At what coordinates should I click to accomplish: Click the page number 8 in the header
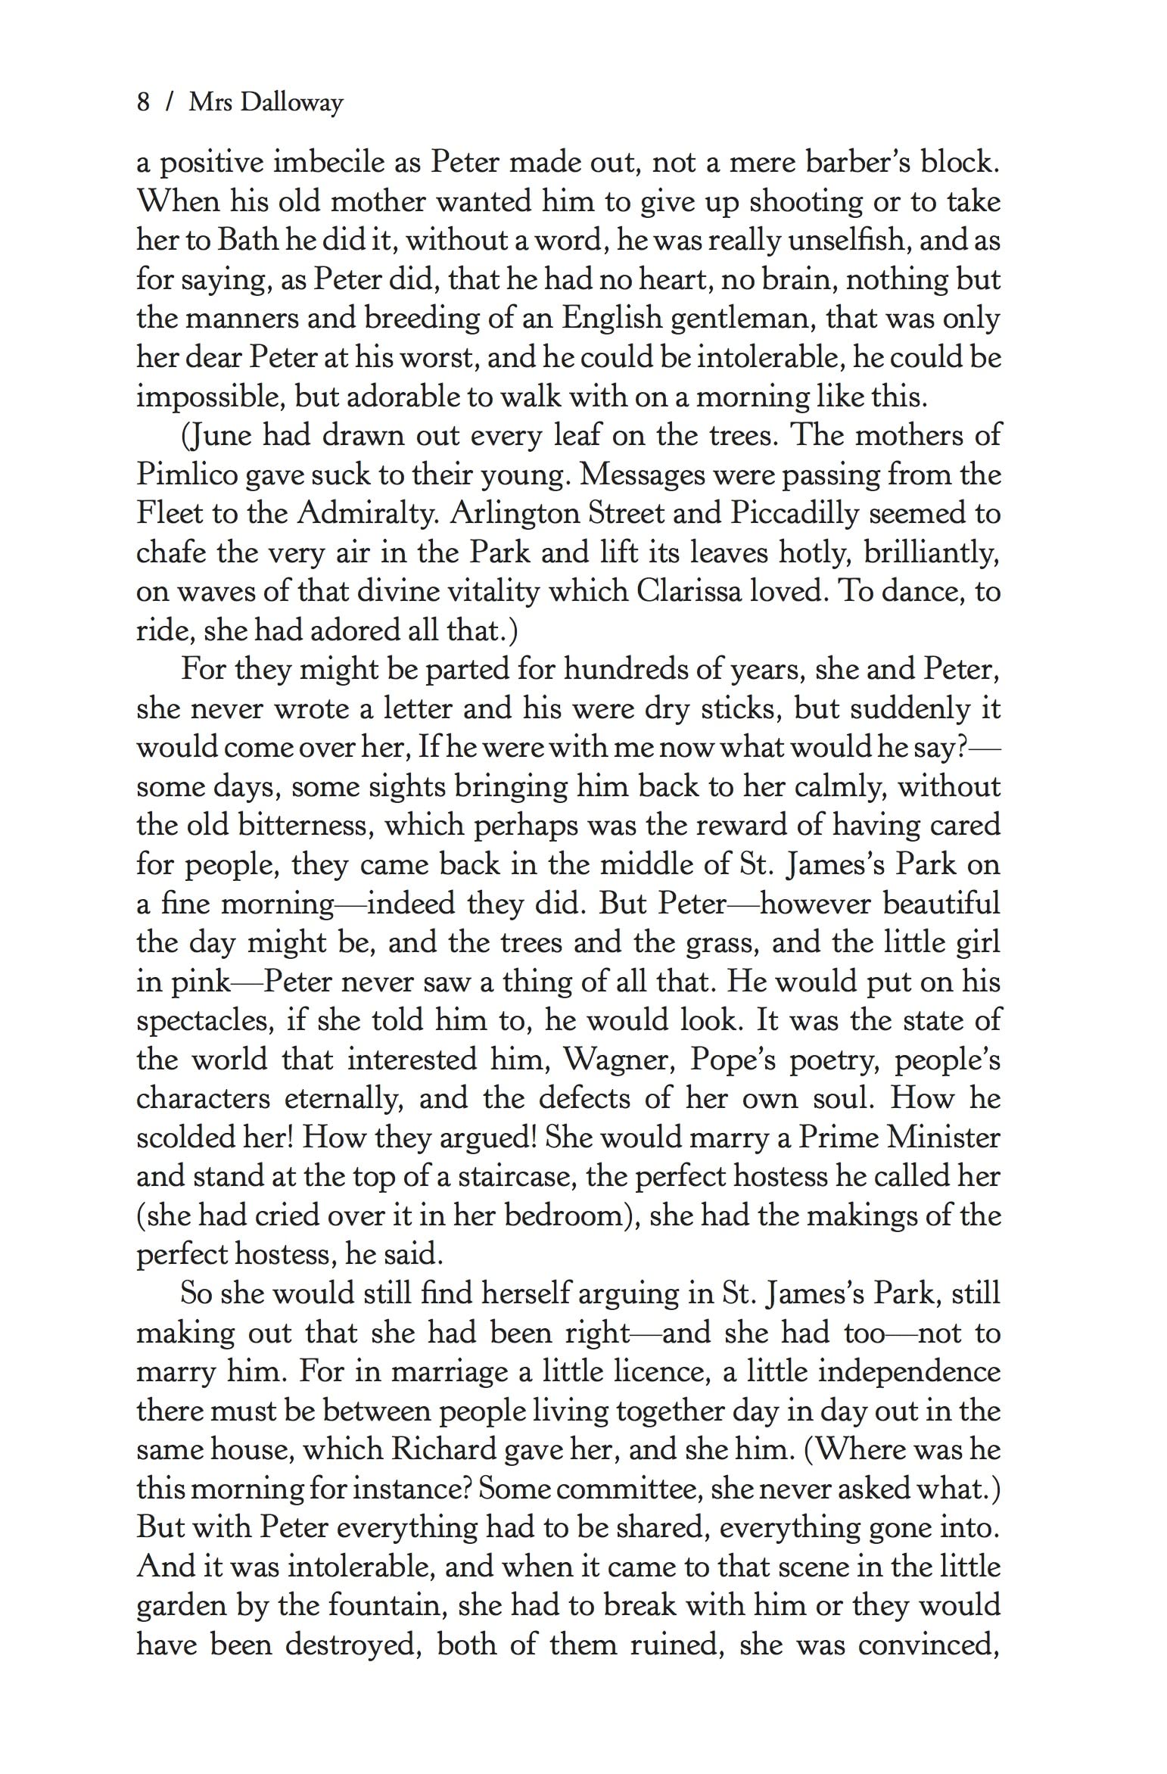point(143,101)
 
